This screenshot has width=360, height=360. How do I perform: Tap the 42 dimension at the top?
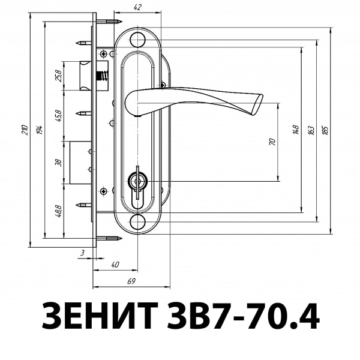138,7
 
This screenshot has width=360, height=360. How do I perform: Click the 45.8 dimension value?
58,115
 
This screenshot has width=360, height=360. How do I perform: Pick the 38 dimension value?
58,162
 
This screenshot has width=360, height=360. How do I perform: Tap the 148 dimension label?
296,130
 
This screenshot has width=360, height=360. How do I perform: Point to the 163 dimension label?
310,130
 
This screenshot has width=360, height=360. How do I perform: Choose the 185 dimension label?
325,130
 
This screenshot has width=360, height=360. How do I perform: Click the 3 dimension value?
82,254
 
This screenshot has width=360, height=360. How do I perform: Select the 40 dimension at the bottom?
115,265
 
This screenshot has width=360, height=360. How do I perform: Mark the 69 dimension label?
131,281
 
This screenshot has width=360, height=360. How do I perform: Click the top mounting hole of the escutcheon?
138,40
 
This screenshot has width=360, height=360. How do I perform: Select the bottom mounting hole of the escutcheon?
138,221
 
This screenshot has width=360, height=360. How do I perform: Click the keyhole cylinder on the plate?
138,182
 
